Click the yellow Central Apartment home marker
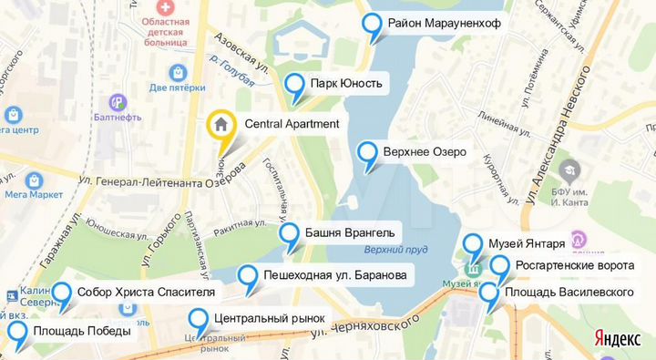pyautogui.click(x=220, y=124)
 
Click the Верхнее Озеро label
pyautogui.click(x=425, y=151)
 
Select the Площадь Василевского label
pyautogui.click(x=569, y=292)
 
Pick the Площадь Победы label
pyautogui.click(x=81, y=332)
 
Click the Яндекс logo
pyautogui.click(x=617, y=337)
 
